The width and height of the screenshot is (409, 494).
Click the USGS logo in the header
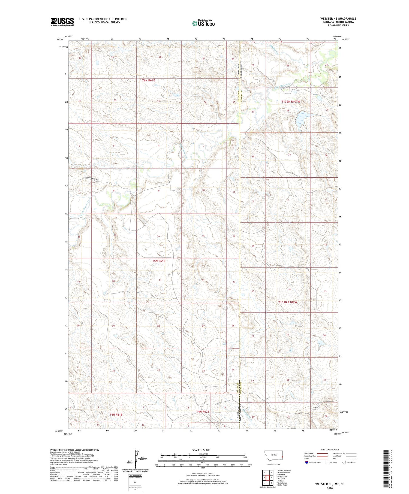(x=62, y=22)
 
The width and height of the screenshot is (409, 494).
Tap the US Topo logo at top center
(x=203, y=23)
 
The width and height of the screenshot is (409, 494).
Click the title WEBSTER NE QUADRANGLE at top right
(x=338, y=19)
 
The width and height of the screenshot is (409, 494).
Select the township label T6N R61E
(x=148, y=80)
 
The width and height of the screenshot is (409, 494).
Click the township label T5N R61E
(x=159, y=261)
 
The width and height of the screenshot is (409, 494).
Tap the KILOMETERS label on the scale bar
(x=203, y=454)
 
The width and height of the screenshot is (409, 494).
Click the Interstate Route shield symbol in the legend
(x=306, y=462)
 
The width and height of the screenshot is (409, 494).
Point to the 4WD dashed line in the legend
(x=351, y=459)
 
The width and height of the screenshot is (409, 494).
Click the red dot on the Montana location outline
(x=282, y=457)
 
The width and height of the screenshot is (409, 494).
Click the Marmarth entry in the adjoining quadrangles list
(x=281, y=474)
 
